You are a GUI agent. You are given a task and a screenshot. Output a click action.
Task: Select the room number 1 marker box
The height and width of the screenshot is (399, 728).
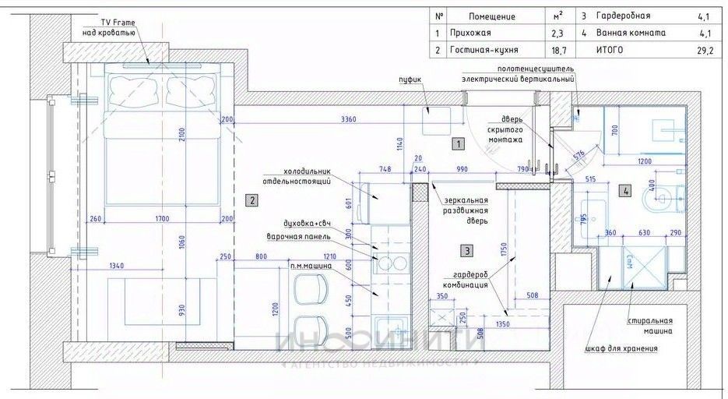(x=459, y=144)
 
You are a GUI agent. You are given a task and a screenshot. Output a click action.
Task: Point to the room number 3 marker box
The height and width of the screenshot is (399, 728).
(x=466, y=251)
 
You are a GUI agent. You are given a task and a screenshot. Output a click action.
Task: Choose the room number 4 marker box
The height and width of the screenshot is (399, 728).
(x=625, y=189)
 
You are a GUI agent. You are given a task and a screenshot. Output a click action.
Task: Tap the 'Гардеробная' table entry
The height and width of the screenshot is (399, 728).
(x=622, y=16)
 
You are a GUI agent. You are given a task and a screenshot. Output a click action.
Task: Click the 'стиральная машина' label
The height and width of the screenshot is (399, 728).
(x=649, y=326)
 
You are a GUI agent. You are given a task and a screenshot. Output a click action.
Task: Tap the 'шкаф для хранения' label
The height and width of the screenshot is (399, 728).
(x=621, y=348)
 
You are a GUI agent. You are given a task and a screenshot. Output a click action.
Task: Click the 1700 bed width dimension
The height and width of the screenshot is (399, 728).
(x=164, y=219)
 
